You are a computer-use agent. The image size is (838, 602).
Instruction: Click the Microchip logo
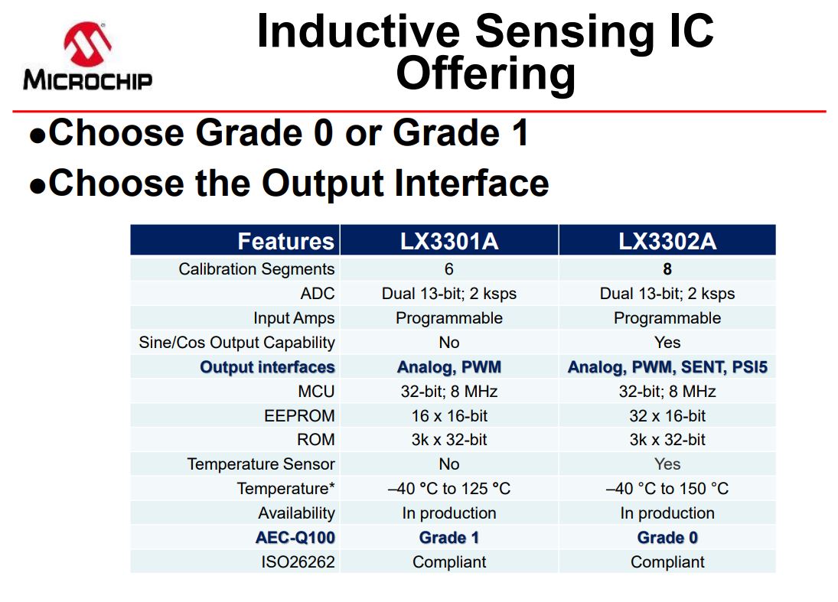pyautogui.click(x=88, y=56)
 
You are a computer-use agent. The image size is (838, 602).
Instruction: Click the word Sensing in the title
pyautogui.click(x=564, y=32)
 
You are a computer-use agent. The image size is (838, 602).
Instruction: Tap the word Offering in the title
pyautogui.click(x=486, y=74)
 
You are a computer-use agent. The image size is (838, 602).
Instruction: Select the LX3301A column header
pyautogui.click(x=449, y=242)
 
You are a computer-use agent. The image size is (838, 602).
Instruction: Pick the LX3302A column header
pyautogui.click(x=667, y=242)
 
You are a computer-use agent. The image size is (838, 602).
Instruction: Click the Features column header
pyautogui.click(x=286, y=242)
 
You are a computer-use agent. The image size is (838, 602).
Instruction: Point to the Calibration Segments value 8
pyautogui.click(x=667, y=268)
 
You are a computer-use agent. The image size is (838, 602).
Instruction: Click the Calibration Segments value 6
pyautogui.click(x=449, y=268)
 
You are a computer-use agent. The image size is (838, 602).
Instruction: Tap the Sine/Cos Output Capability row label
pyautogui.click(x=236, y=343)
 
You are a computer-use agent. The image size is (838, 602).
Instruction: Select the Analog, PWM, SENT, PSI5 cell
pyautogui.click(x=667, y=367)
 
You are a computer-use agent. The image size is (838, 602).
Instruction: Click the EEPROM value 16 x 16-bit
pyautogui.click(x=449, y=415)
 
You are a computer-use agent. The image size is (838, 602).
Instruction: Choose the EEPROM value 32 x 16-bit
pyautogui.click(x=667, y=415)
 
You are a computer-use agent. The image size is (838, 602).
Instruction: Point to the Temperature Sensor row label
pyautogui.click(x=261, y=464)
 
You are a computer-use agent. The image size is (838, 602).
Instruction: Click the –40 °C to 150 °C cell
pyautogui.click(x=667, y=488)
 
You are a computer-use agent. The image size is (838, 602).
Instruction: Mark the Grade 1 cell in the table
pyautogui.click(x=449, y=538)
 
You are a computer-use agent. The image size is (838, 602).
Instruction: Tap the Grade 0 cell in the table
pyautogui.click(x=667, y=538)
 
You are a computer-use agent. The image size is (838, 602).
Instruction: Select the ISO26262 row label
pyautogui.click(x=298, y=562)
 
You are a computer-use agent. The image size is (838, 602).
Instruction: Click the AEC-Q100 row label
pyautogui.click(x=295, y=538)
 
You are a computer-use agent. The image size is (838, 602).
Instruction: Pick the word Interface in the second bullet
pyautogui.click(x=472, y=183)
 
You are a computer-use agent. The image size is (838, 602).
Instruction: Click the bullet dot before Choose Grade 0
pyautogui.click(x=37, y=136)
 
